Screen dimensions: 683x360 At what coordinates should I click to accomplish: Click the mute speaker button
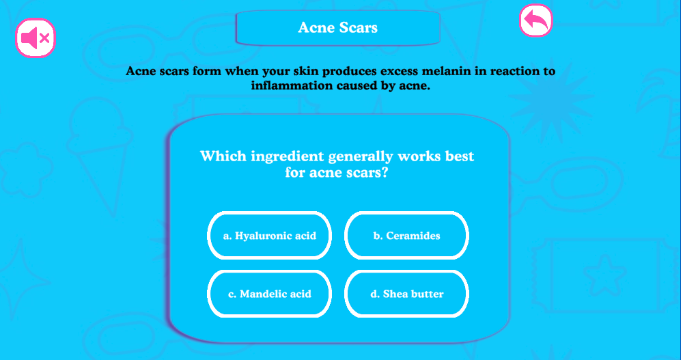pos(36,38)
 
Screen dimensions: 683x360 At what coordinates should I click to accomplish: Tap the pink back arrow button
pos(535,20)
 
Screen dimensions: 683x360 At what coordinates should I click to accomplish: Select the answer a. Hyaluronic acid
pos(270,236)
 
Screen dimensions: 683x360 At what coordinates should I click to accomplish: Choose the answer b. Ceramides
pos(407,236)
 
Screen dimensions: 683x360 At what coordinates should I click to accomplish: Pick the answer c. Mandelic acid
pos(270,294)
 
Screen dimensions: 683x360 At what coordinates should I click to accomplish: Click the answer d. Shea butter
pos(407,294)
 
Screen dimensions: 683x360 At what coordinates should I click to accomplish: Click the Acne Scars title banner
pos(338,27)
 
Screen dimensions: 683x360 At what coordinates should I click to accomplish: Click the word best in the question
pos(459,156)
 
